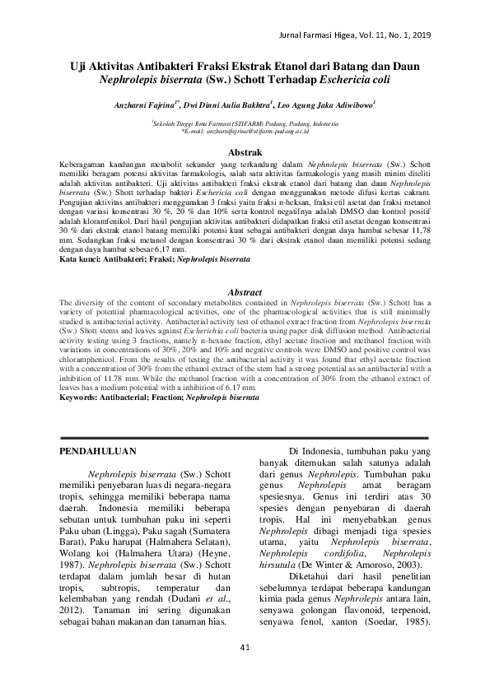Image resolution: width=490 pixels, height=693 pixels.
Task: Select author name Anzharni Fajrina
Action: pyautogui.click(x=142, y=105)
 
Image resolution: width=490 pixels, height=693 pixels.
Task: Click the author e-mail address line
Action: pyautogui.click(x=245, y=130)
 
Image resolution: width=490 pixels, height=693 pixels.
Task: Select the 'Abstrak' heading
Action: pyautogui.click(x=245, y=153)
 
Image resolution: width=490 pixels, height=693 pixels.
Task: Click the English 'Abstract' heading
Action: pyautogui.click(x=245, y=292)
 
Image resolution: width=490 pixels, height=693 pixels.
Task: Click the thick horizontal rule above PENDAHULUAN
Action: pyautogui.click(x=245, y=436)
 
